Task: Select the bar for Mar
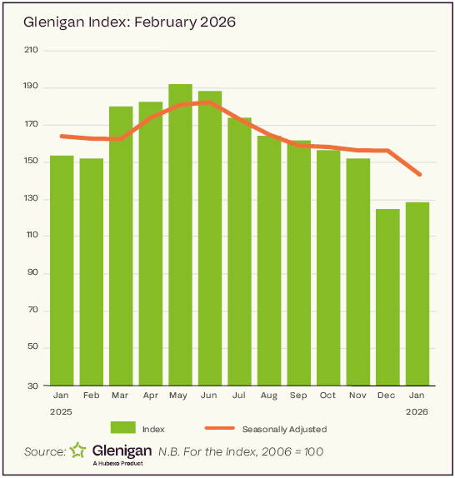click(121, 246)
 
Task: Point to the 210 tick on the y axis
click(32, 50)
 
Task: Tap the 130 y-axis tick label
click(32, 199)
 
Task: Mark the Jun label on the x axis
click(210, 396)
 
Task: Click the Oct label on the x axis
click(328, 396)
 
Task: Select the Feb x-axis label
click(92, 396)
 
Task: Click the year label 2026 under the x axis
click(417, 411)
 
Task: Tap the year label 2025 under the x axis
click(62, 411)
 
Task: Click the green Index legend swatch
click(122, 428)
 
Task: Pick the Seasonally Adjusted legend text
click(284, 429)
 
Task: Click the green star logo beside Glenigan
click(77, 451)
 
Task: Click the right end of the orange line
click(418, 174)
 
